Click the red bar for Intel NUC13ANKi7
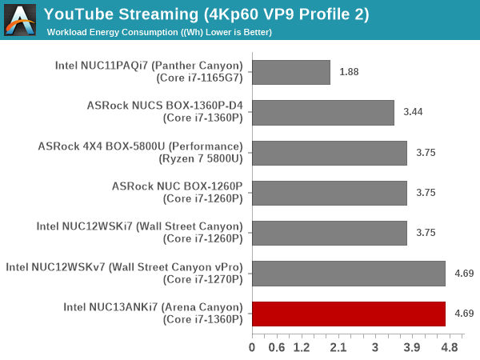tap(348, 314)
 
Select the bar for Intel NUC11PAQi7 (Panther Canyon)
tap(290, 72)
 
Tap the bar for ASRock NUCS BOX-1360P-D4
tap(322, 112)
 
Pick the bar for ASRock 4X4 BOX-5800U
tap(329, 153)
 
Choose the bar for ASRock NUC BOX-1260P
tap(329, 193)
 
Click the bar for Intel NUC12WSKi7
tap(329, 233)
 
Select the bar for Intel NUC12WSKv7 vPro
tap(348, 274)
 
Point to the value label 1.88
tap(349, 72)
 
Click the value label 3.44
tap(413, 112)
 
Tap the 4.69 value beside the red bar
tap(464, 314)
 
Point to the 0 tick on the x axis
tap(252, 348)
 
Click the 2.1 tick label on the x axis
tap(338, 348)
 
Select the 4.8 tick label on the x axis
tap(449, 348)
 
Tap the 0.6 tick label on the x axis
tap(277, 348)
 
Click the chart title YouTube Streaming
tap(206, 14)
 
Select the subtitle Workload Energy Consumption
tap(159, 33)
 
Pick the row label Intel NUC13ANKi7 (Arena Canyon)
tap(152, 307)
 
